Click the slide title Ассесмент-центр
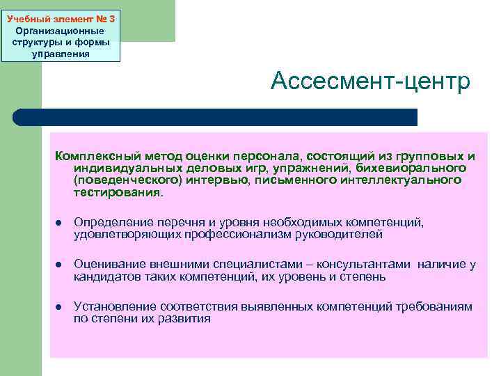pyautogui.click(x=371, y=81)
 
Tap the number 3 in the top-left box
pyautogui.click(x=111, y=19)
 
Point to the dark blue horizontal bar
pyautogui.click(x=230, y=117)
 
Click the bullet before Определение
pyautogui.click(x=60, y=223)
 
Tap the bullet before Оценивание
pyautogui.click(x=60, y=265)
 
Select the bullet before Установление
pyautogui.click(x=60, y=307)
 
